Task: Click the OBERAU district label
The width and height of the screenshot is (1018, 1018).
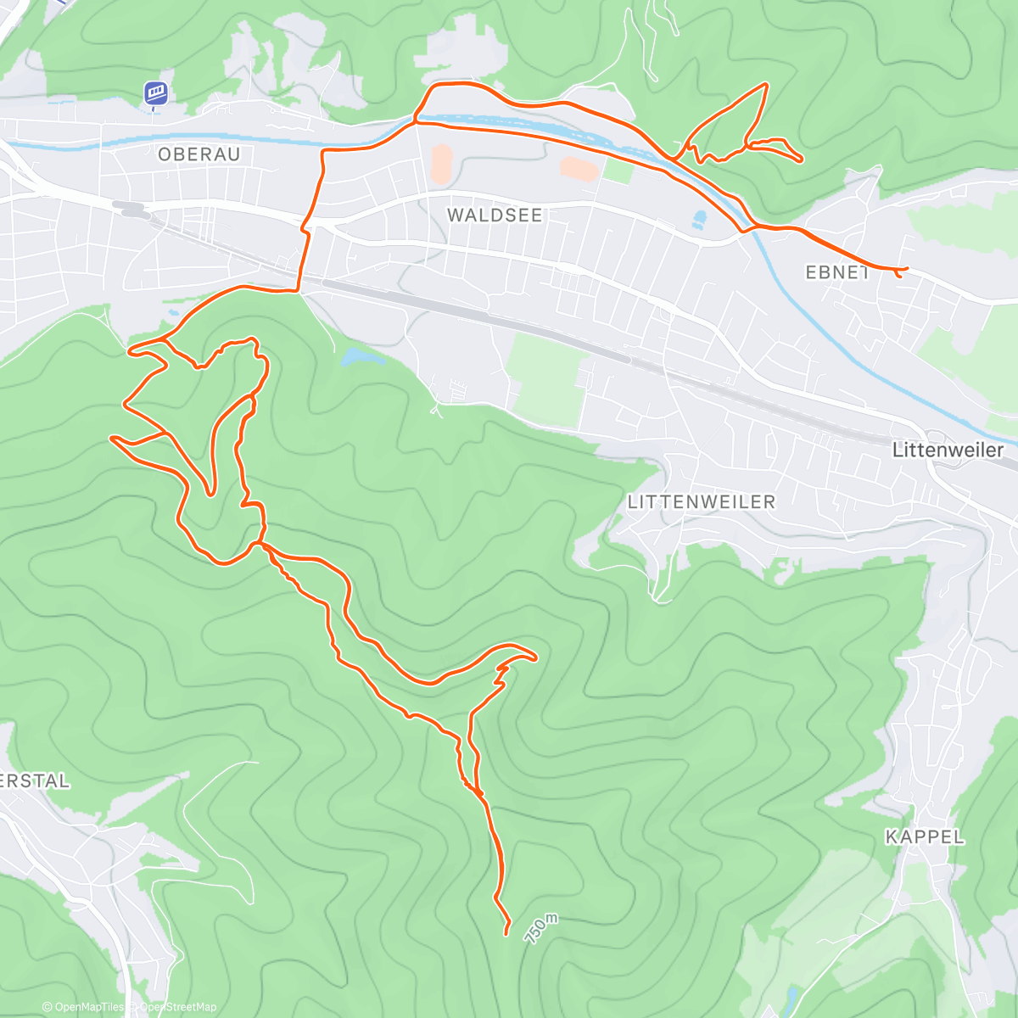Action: pyautogui.click(x=199, y=154)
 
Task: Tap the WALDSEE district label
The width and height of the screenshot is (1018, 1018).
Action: pyautogui.click(x=494, y=215)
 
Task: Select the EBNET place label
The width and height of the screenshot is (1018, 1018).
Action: pyautogui.click(x=836, y=272)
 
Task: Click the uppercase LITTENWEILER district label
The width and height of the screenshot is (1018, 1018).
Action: pyautogui.click(x=701, y=502)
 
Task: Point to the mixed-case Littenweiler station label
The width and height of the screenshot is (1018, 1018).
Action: pyautogui.click(x=947, y=450)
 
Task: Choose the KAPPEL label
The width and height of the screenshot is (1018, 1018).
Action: pyautogui.click(x=925, y=837)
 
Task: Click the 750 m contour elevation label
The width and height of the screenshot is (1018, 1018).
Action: pyautogui.click(x=542, y=928)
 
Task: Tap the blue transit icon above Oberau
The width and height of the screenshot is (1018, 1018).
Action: pyautogui.click(x=154, y=93)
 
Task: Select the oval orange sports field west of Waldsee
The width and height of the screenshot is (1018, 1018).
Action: pyautogui.click(x=441, y=164)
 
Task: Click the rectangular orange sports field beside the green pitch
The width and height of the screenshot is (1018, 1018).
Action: pyautogui.click(x=579, y=168)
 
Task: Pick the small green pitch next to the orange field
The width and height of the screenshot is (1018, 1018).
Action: pyautogui.click(x=618, y=171)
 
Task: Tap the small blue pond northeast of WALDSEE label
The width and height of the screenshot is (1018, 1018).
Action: pyautogui.click(x=699, y=221)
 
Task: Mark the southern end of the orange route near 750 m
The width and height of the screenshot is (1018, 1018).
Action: pyautogui.click(x=506, y=934)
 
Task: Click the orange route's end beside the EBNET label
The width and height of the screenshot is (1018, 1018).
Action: pyautogui.click(x=906, y=269)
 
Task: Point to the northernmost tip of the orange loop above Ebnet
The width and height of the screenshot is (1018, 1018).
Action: pyautogui.click(x=766, y=84)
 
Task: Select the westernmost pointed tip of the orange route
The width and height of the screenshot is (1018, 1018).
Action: pyautogui.click(x=111, y=438)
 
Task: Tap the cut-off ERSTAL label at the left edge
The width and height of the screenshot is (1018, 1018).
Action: pyautogui.click(x=34, y=780)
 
